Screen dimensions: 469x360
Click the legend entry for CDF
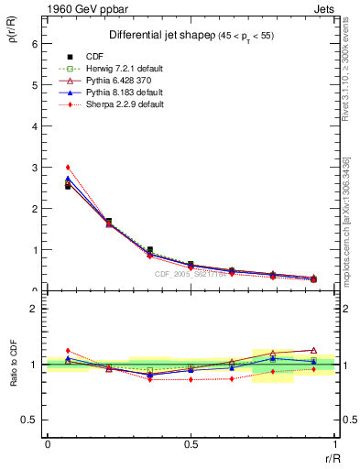[94, 57]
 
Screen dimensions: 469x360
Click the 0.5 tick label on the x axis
[191, 444]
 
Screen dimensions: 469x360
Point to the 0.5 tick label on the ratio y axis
[29, 420]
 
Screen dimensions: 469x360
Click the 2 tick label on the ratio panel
[34, 309]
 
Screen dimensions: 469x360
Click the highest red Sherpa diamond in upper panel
[68, 168]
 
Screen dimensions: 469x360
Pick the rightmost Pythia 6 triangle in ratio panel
[313, 350]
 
